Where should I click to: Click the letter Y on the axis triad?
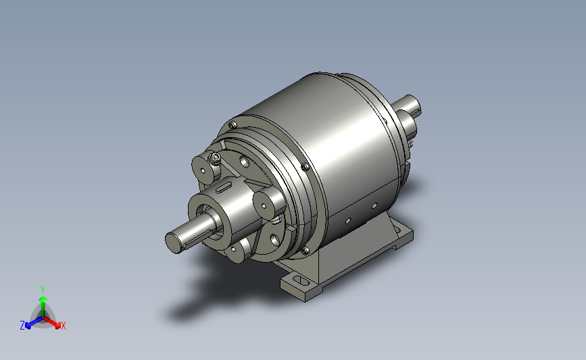[x=43, y=290]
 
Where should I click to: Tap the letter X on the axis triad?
[x=63, y=326]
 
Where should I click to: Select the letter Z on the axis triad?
[x=22, y=326]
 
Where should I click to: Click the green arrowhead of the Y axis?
[x=43, y=299]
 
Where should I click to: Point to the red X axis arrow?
[x=52, y=322]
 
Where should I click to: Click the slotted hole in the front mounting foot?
[x=299, y=280]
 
